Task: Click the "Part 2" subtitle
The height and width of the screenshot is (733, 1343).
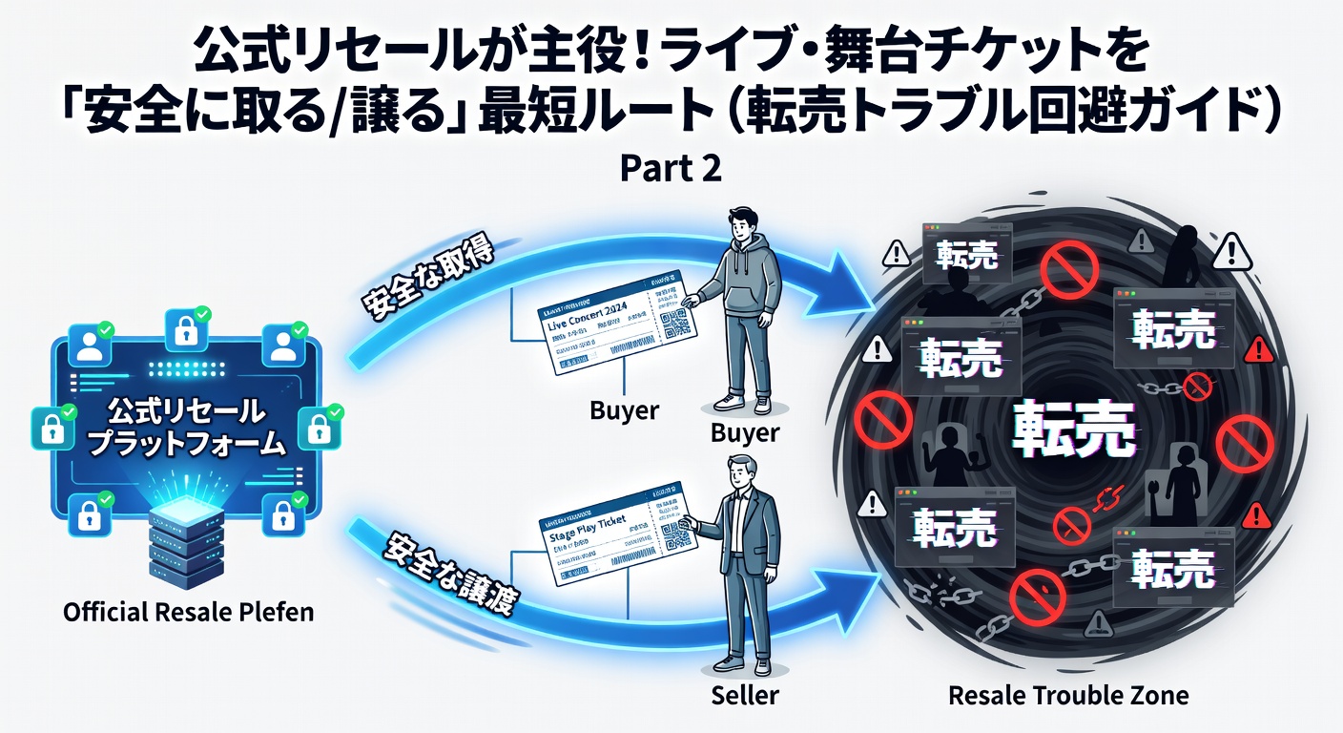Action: [x=671, y=168]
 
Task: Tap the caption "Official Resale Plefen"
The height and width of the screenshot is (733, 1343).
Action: [x=188, y=611]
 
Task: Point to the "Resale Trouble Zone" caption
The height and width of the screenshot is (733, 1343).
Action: [x=1068, y=695]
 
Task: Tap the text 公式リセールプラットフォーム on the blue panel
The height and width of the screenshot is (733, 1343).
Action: [x=182, y=427]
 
